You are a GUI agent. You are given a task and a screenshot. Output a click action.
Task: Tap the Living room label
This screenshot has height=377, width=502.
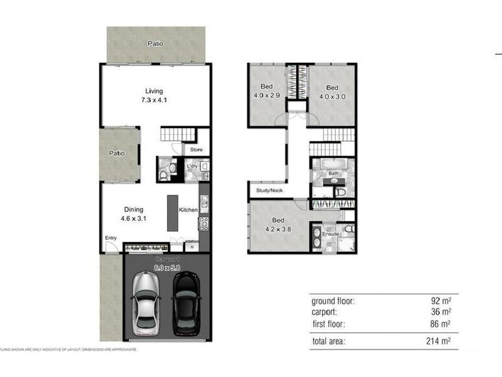tap(154, 91)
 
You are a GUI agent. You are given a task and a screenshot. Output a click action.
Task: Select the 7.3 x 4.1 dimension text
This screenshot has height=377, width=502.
tap(154, 101)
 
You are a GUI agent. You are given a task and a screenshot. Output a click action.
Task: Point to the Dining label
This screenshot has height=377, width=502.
tap(133, 210)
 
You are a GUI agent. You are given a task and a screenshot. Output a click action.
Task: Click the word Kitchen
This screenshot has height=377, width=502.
tap(189, 210)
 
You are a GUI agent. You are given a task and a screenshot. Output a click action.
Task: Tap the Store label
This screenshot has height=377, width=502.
tap(196, 150)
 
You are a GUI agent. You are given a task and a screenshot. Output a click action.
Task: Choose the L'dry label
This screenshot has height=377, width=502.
tap(192, 166)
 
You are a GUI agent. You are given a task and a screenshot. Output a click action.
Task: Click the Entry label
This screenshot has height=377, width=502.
tap(111, 238)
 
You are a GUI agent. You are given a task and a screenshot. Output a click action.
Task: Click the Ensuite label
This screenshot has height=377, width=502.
tap(331, 234)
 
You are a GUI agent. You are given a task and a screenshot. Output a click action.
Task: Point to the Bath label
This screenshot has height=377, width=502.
tap(334, 173)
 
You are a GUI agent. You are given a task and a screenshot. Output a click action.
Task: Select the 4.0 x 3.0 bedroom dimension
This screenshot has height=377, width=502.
tap(332, 96)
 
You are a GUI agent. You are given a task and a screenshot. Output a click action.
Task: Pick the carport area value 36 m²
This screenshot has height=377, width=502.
tap(441, 312)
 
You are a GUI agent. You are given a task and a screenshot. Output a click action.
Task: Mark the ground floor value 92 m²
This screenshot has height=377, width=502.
tap(441, 301)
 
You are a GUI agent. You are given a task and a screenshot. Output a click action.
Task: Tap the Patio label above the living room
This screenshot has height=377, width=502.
tap(156, 44)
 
